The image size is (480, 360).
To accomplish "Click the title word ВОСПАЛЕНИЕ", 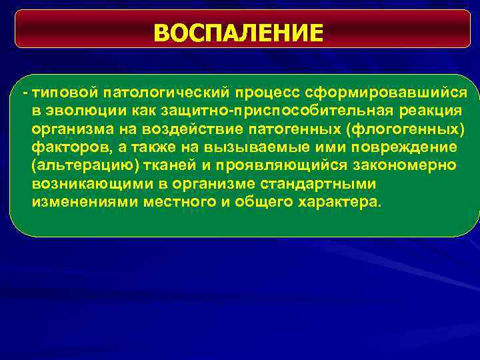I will (x=238, y=32).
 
